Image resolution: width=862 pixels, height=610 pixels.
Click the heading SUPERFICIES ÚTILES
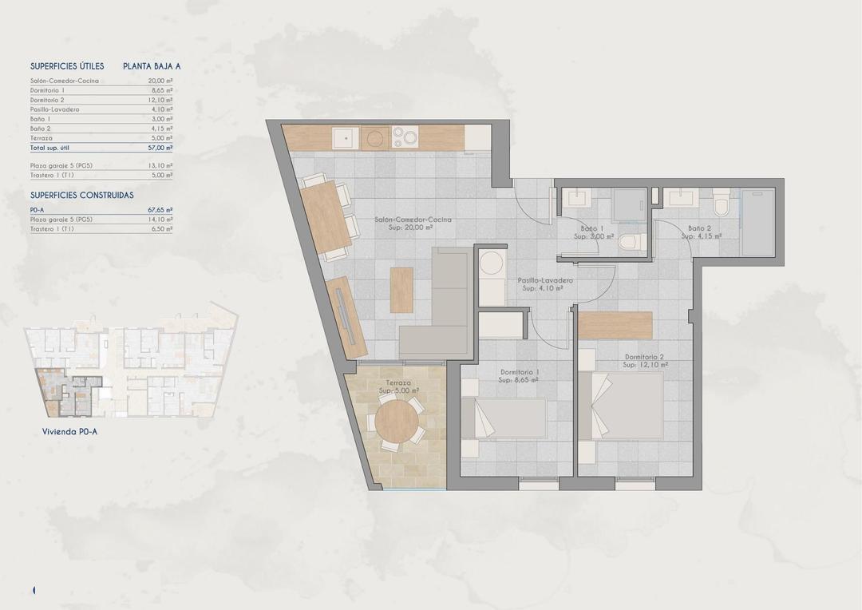pyautogui.click(x=67, y=66)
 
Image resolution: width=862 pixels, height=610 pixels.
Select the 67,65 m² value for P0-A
pyautogui.click(x=161, y=210)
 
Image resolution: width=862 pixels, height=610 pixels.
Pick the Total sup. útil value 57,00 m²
pyautogui.click(x=161, y=148)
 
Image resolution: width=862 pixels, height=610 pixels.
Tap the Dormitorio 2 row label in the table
pyautogui.click(x=49, y=100)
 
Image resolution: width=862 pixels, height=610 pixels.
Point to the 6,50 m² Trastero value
pyautogui.click(x=162, y=228)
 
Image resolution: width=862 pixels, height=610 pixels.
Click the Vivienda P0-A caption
pyautogui.click(x=69, y=432)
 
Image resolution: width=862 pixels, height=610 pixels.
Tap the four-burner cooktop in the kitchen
pyautogui.click(x=405, y=137)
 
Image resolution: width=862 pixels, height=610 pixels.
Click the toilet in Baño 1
pyautogui.click(x=629, y=242)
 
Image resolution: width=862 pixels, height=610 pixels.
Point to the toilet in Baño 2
pyautogui.click(x=722, y=205)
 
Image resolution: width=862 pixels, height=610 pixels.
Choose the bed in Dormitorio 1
pyautogui.click(x=504, y=418)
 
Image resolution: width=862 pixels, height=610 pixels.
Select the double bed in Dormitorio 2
pyautogui.click(x=623, y=406)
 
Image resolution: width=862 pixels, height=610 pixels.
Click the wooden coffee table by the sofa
pyautogui.click(x=401, y=289)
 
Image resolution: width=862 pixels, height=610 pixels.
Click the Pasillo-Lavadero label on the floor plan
pyautogui.click(x=545, y=281)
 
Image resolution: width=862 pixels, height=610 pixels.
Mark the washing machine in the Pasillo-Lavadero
pyautogui.click(x=492, y=265)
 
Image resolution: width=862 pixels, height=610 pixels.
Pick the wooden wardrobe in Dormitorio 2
pyautogui.click(x=615, y=325)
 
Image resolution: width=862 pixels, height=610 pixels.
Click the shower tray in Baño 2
pyautogui.click(x=757, y=222)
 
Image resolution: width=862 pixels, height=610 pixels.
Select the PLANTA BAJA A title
pyautogui.click(x=152, y=66)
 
